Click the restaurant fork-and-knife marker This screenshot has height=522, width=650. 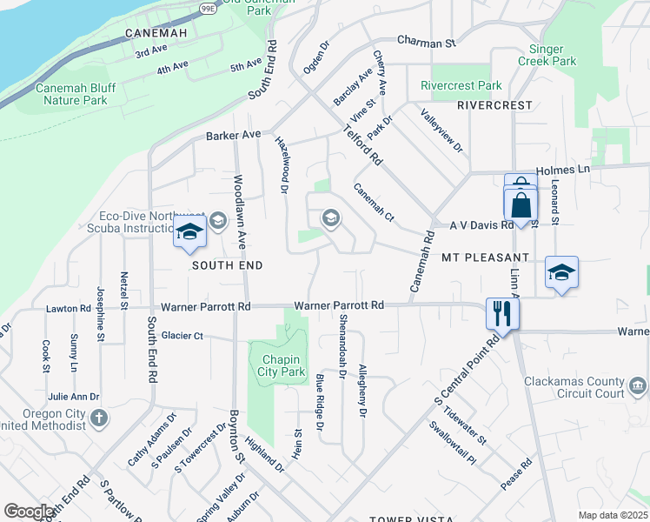pyautogui.click(x=501, y=313)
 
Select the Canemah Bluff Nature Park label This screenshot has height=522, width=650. pyautogui.click(x=83, y=94)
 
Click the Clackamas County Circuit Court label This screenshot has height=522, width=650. pyautogui.click(x=574, y=388)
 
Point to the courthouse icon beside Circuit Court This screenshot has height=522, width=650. pyautogui.click(x=637, y=385)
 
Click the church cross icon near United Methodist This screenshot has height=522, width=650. pyautogui.click(x=99, y=418)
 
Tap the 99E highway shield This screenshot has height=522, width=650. pyautogui.click(x=209, y=7)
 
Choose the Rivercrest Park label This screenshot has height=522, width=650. pyautogui.click(x=461, y=86)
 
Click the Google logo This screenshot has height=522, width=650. pyautogui.click(x=29, y=512)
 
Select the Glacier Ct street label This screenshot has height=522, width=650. pyautogui.click(x=182, y=335)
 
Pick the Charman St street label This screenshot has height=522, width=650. pyautogui.click(x=426, y=41)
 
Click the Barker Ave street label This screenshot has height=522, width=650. pyautogui.click(x=233, y=136)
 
